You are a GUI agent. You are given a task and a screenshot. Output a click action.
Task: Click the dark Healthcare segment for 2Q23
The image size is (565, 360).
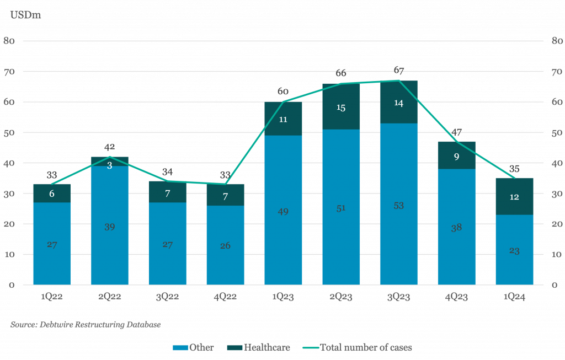(x=341, y=106)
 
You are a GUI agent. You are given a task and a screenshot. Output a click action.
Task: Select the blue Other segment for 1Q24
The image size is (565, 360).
(x=514, y=250)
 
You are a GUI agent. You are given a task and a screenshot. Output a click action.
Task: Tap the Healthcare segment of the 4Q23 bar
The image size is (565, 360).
(x=456, y=155)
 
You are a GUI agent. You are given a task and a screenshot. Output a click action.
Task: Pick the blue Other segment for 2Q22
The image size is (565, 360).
(x=110, y=225)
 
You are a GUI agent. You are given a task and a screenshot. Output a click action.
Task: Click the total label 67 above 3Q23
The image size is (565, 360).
(x=398, y=70)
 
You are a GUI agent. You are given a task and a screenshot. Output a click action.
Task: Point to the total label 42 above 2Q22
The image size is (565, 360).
(x=110, y=147)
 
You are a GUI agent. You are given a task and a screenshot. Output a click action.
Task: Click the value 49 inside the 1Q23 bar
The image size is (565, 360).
(x=283, y=212)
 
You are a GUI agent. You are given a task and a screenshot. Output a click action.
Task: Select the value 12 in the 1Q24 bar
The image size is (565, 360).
(x=514, y=197)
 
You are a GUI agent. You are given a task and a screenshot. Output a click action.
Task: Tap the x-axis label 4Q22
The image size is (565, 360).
(x=225, y=297)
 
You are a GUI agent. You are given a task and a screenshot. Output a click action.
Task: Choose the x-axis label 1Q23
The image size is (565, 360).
(x=283, y=297)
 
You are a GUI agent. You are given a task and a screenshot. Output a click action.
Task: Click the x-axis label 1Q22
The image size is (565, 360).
(x=52, y=297)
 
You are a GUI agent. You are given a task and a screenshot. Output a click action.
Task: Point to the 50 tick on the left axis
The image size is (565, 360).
(x=9, y=132)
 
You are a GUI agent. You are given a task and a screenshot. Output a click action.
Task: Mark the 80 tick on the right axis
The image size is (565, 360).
(x=557, y=41)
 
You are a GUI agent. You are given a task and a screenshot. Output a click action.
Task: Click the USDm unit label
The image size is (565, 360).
(x=25, y=15)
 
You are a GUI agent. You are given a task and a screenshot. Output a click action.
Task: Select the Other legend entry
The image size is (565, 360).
(x=193, y=347)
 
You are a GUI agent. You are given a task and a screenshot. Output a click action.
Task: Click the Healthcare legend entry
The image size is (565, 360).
(x=258, y=347)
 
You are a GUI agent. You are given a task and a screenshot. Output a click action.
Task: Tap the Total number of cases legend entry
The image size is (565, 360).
(x=357, y=347)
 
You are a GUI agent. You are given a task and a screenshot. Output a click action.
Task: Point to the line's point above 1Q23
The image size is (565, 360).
(x=283, y=102)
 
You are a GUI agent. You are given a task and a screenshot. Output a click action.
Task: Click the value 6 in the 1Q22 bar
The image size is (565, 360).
(x=52, y=194)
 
